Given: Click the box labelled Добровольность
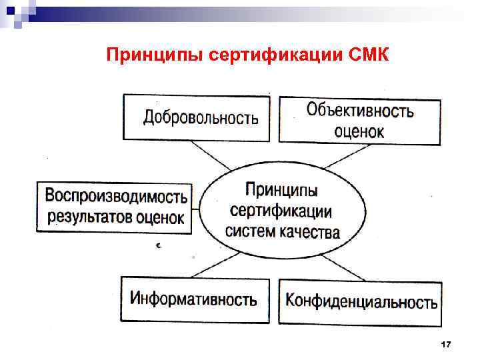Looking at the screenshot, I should tap(197, 118).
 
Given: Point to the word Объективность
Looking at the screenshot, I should tap(359, 110).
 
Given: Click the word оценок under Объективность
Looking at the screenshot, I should tap(359, 131).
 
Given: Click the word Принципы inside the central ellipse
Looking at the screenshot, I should tap(281, 190).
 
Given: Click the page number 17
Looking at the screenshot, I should tap(446, 345).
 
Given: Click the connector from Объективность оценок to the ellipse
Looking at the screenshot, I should tap(340, 157).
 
